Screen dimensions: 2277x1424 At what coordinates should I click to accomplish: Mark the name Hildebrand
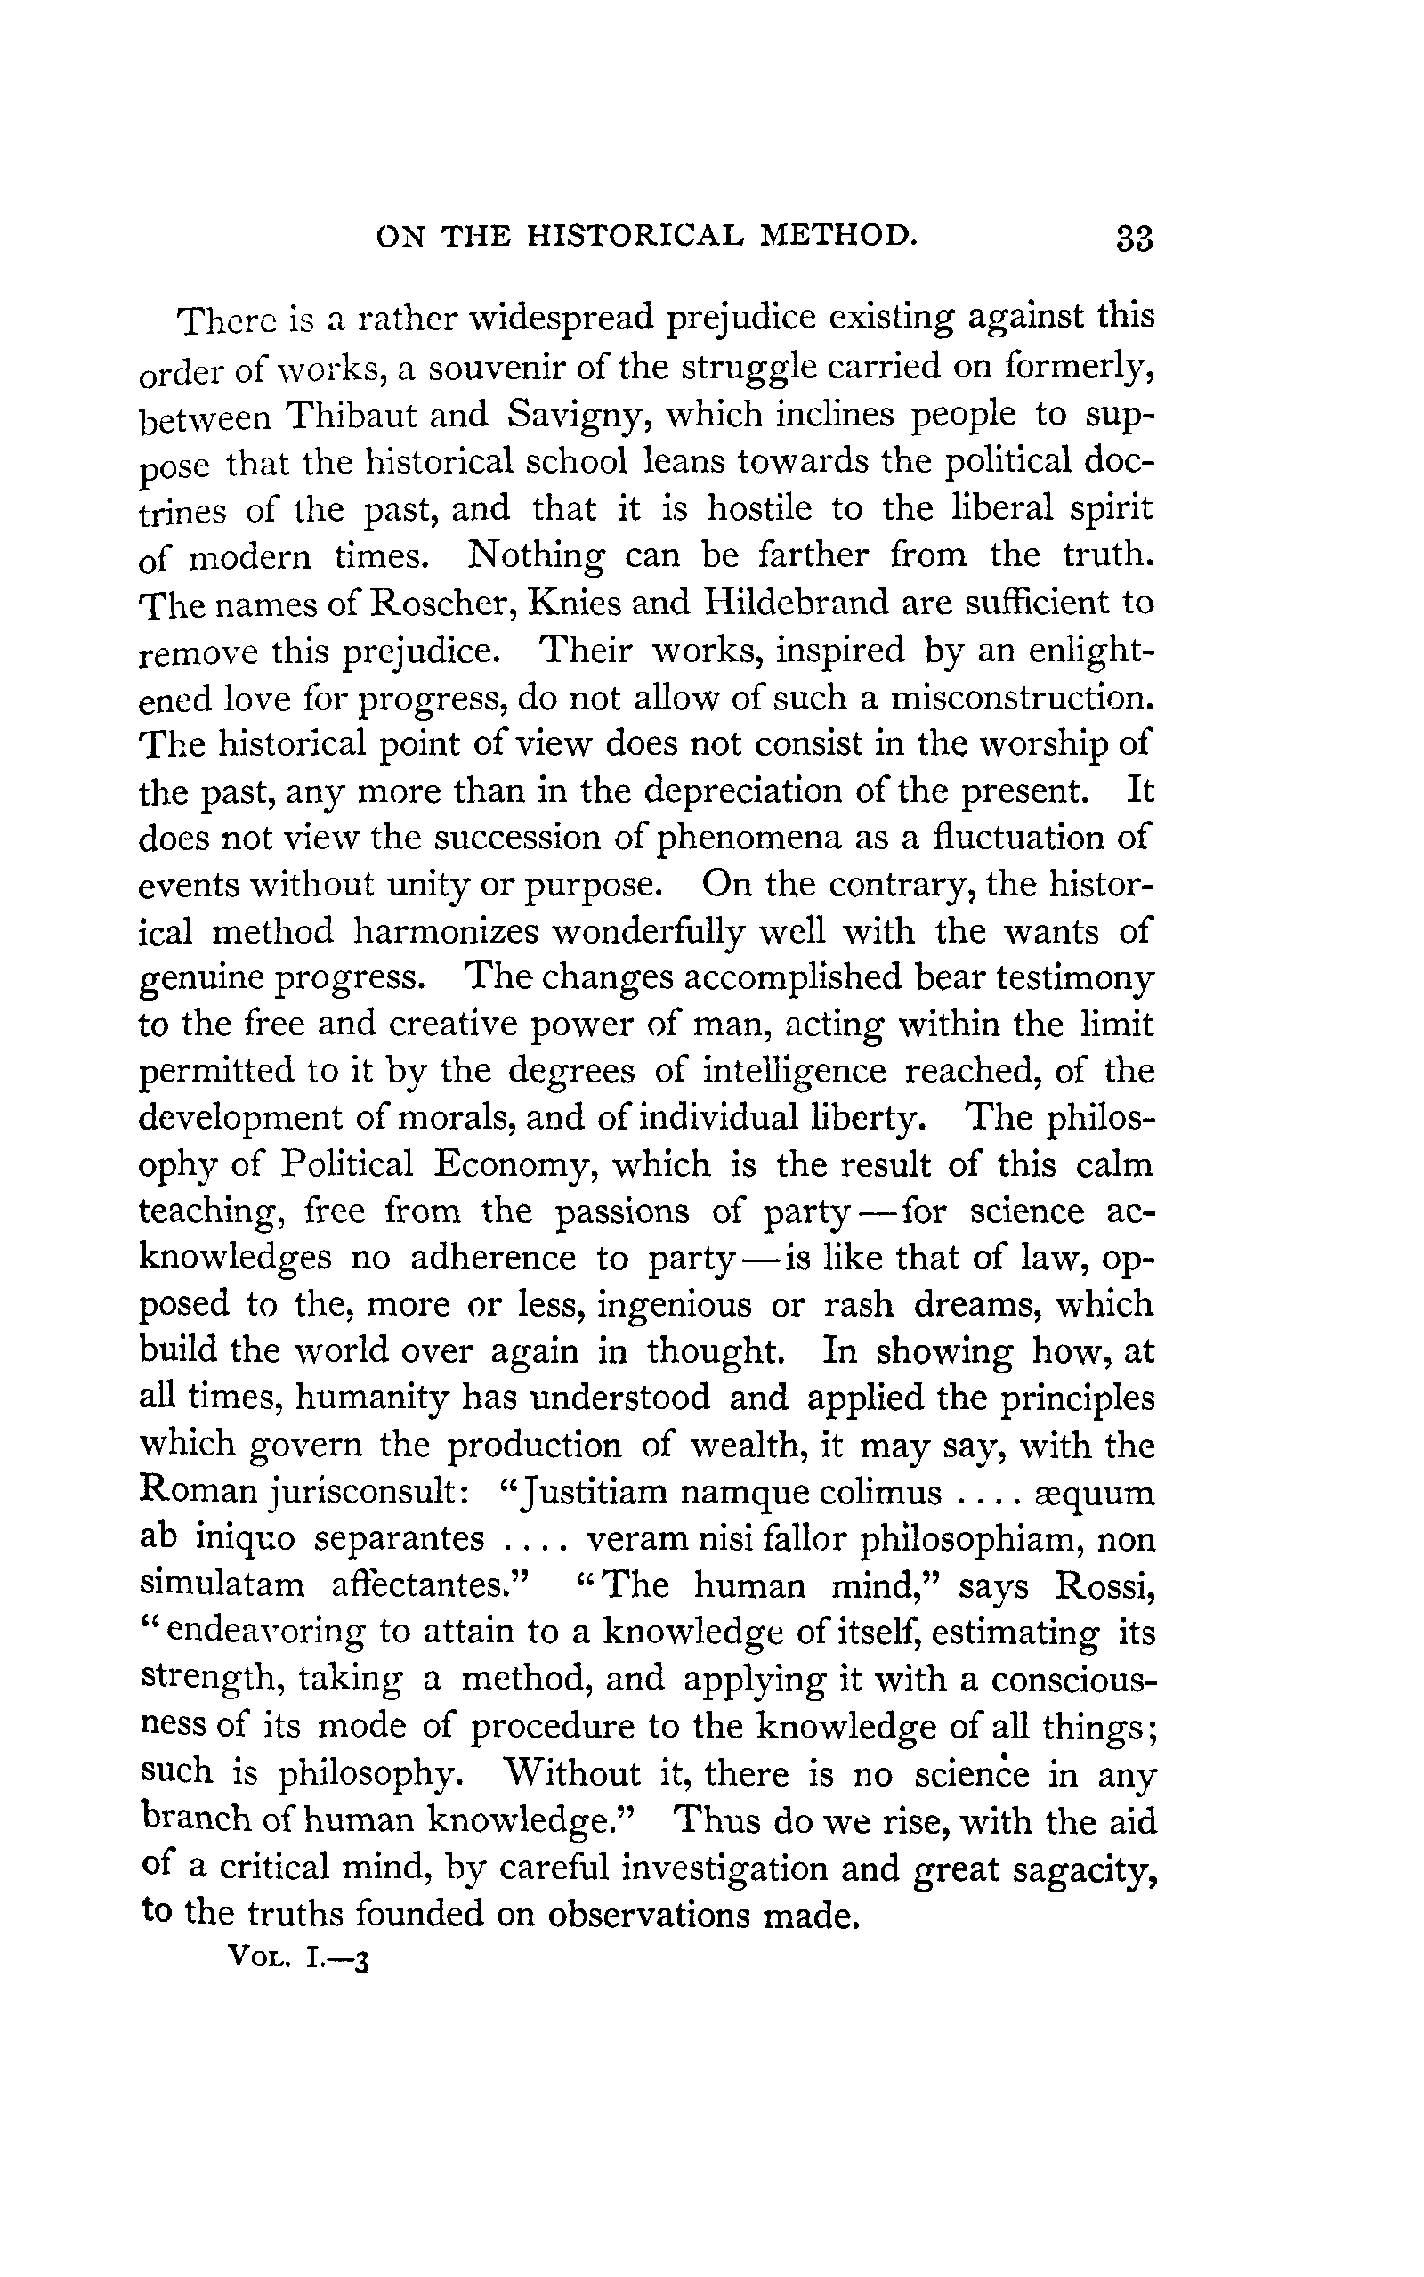tap(797, 603)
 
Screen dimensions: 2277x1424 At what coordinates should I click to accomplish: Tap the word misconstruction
tap(1023, 698)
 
